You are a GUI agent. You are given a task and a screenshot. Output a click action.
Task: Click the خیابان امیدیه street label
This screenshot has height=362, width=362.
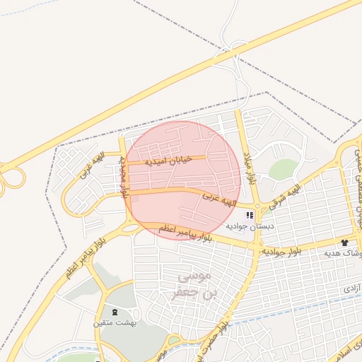pyautogui.click(x=168, y=160)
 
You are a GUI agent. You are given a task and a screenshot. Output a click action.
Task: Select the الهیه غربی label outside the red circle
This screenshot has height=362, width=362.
pyautogui.click(x=90, y=163)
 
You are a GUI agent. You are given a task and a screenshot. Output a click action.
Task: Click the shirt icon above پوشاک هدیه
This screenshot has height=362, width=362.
pyautogui.click(x=344, y=242)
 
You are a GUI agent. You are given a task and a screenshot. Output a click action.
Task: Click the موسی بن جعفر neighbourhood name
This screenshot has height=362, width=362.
pyautogui.click(x=185, y=283)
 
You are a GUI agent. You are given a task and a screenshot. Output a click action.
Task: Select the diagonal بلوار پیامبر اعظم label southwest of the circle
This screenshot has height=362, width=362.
pyautogui.click(x=93, y=254)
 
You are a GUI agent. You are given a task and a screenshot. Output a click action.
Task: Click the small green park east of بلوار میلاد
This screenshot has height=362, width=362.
pyautogui.click(x=283, y=170)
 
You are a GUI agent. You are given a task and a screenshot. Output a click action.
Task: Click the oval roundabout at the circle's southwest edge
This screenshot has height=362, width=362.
pyautogui.click(x=130, y=227)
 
